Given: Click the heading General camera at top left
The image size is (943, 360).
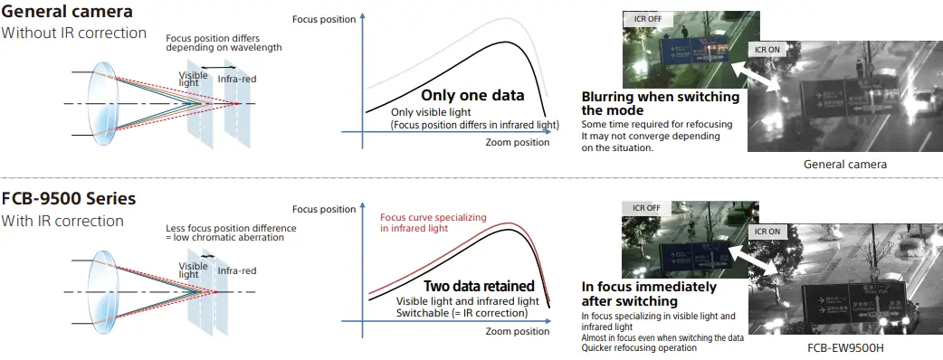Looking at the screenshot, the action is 67,12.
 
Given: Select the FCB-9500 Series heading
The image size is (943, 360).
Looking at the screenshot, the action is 69,199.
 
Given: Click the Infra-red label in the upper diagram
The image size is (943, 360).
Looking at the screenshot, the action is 237,79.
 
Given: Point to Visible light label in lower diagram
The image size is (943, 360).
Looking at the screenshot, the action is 193,270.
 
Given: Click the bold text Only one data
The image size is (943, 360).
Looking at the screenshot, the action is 472,95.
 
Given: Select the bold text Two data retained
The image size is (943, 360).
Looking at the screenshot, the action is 480,286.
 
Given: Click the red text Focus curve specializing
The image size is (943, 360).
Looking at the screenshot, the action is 433,217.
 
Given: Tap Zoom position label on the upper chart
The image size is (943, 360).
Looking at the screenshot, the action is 518,142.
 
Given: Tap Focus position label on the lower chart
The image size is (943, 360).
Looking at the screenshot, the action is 324,209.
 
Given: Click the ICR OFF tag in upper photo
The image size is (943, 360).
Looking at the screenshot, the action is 647,19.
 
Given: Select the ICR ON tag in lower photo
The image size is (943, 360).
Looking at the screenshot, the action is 767,232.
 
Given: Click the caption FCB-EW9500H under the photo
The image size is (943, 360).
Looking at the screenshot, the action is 845,347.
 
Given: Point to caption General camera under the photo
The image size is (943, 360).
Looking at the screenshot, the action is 845,164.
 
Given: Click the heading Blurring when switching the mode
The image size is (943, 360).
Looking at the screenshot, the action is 661,103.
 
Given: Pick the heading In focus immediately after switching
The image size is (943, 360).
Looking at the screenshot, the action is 649,293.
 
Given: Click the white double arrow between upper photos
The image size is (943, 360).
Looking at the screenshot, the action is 756,76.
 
